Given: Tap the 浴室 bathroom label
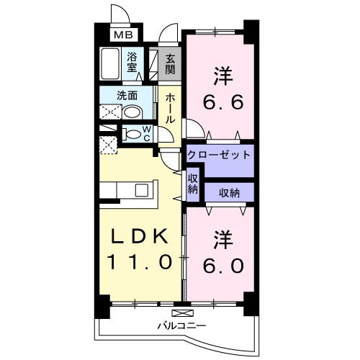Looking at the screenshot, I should click(133, 61).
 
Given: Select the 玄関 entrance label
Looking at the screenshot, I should click(170, 63).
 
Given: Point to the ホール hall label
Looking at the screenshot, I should click(170, 108).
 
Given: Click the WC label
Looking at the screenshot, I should click(146, 133).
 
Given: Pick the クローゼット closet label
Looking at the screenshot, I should click(219, 155).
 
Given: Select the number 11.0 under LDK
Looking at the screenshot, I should click(140, 262).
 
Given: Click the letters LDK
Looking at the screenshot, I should click(141, 235).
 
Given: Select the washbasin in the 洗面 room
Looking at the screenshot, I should click(132, 112).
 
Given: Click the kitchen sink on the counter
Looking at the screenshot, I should click(141, 190).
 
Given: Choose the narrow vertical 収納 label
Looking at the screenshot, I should click(193, 183).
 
